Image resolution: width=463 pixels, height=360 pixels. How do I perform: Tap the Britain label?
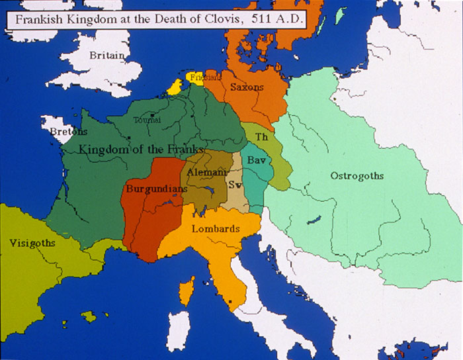click(x=107, y=56)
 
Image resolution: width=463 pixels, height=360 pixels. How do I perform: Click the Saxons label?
click(x=247, y=87)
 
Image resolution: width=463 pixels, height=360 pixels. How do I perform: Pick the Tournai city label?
click(x=147, y=120)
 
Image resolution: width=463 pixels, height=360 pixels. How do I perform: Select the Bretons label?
click(x=69, y=132)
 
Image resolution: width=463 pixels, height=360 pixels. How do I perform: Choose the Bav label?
click(x=257, y=160)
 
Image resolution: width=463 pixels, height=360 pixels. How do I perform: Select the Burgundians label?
click(x=155, y=189)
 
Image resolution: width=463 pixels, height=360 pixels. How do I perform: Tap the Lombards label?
click(x=215, y=228)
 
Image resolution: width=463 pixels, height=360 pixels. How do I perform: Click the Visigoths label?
click(x=32, y=243)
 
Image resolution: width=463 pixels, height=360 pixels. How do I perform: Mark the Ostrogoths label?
click(x=357, y=175)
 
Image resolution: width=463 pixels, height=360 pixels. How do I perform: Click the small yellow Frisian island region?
click(x=174, y=87)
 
